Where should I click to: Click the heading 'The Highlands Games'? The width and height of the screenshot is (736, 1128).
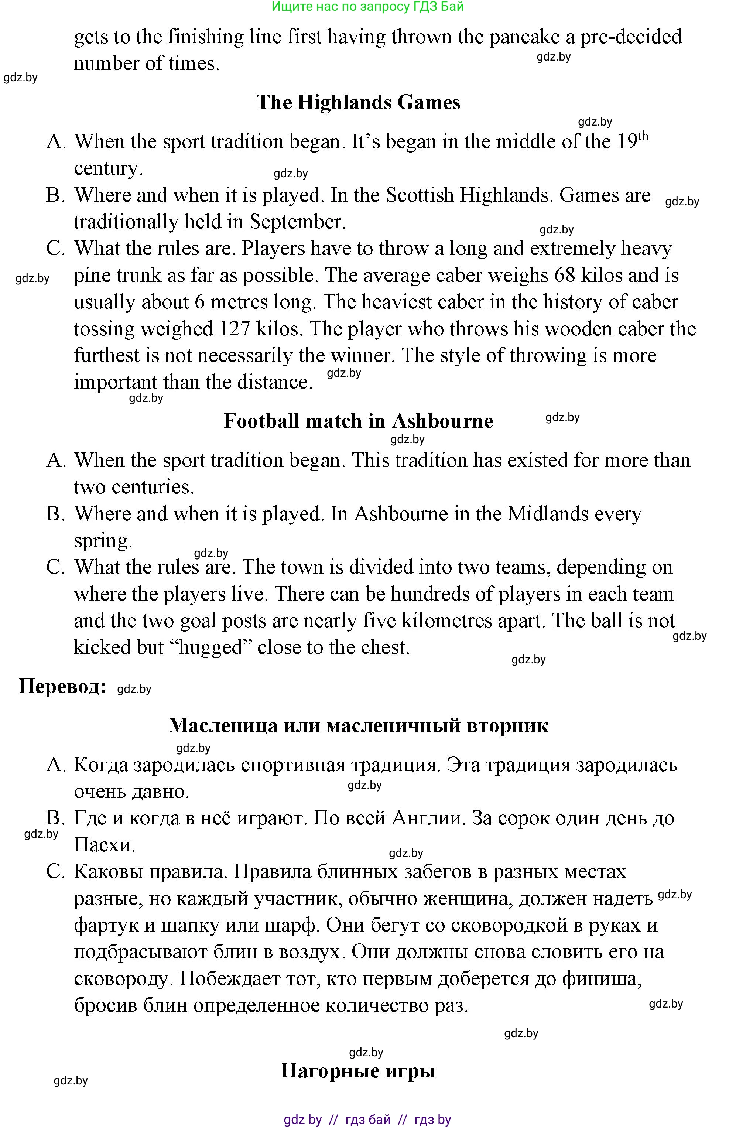(x=358, y=102)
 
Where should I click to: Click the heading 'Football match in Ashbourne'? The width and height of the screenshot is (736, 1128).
(x=358, y=421)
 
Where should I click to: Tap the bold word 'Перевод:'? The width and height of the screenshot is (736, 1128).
(x=62, y=686)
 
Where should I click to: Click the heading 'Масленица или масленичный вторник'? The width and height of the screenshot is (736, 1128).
(x=358, y=725)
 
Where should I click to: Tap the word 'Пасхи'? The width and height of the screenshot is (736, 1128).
(x=104, y=845)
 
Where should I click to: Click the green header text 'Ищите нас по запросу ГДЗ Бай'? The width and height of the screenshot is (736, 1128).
(x=368, y=7)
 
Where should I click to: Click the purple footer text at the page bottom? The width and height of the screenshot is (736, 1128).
(x=367, y=1120)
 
